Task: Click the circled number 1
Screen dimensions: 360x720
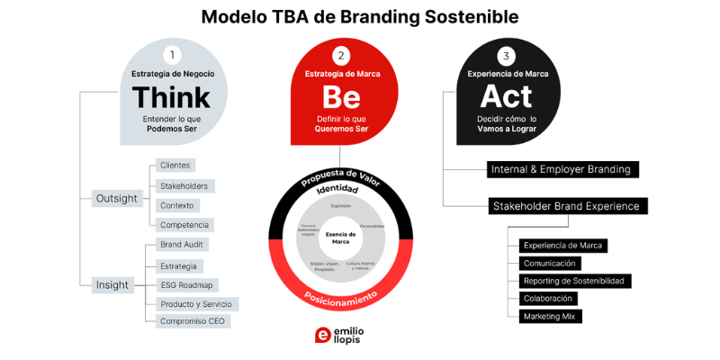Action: (x=172, y=55)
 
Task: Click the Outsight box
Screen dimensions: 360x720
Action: (x=116, y=197)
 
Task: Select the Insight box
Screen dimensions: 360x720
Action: (x=112, y=284)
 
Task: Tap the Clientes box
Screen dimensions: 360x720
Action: (x=175, y=166)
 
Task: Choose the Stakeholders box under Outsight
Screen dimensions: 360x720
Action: (x=184, y=185)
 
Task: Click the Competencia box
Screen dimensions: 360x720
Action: (x=184, y=224)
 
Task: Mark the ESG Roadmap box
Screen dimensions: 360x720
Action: (x=187, y=284)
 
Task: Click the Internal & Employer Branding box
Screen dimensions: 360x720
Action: (x=562, y=169)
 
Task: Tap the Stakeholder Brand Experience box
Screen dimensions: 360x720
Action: (x=566, y=206)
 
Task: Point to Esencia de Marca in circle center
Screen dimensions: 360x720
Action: (x=340, y=237)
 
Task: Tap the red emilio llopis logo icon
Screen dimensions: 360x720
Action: (x=322, y=335)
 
